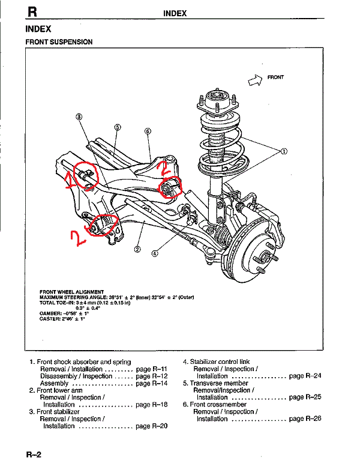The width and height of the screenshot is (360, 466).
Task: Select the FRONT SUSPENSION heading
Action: point(59,42)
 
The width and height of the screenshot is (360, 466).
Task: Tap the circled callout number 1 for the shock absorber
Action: point(284,151)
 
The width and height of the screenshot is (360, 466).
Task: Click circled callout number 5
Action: point(118,127)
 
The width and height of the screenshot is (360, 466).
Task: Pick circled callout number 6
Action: point(148,130)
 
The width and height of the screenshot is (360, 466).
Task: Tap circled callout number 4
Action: point(155,253)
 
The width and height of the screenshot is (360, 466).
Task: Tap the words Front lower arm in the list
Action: point(59,390)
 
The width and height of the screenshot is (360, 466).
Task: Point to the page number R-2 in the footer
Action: point(33,455)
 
